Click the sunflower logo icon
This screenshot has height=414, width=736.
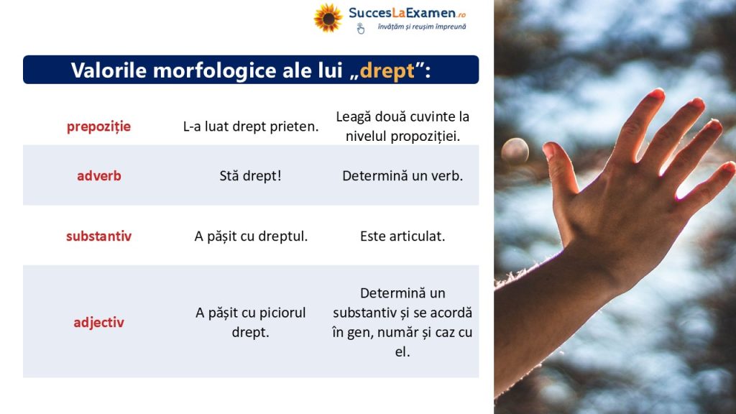click(x=328, y=18)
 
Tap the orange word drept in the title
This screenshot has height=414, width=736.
click(x=387, y=71)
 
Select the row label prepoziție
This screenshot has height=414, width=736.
click(x=98, y=126)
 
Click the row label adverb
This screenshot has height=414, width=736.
click(x=99, y=175)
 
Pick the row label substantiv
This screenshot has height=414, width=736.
click(x=98, y=236)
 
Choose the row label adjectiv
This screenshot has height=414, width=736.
click(x=98, y=323)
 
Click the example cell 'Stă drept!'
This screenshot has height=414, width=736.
click(x=250, y=175)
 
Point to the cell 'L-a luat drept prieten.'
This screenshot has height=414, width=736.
click(x=251, y=126)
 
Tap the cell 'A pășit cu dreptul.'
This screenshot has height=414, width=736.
click(x=251, y=236)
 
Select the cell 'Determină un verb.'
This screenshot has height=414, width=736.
click(x=402, y=175)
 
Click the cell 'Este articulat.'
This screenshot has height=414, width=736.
click(x=402, y=236)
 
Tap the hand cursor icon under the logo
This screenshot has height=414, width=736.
click(x=360, y=29)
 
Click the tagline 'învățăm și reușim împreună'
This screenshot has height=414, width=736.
click(x=421, y=27)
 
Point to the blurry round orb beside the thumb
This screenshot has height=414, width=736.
click(x=515, y=151)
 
